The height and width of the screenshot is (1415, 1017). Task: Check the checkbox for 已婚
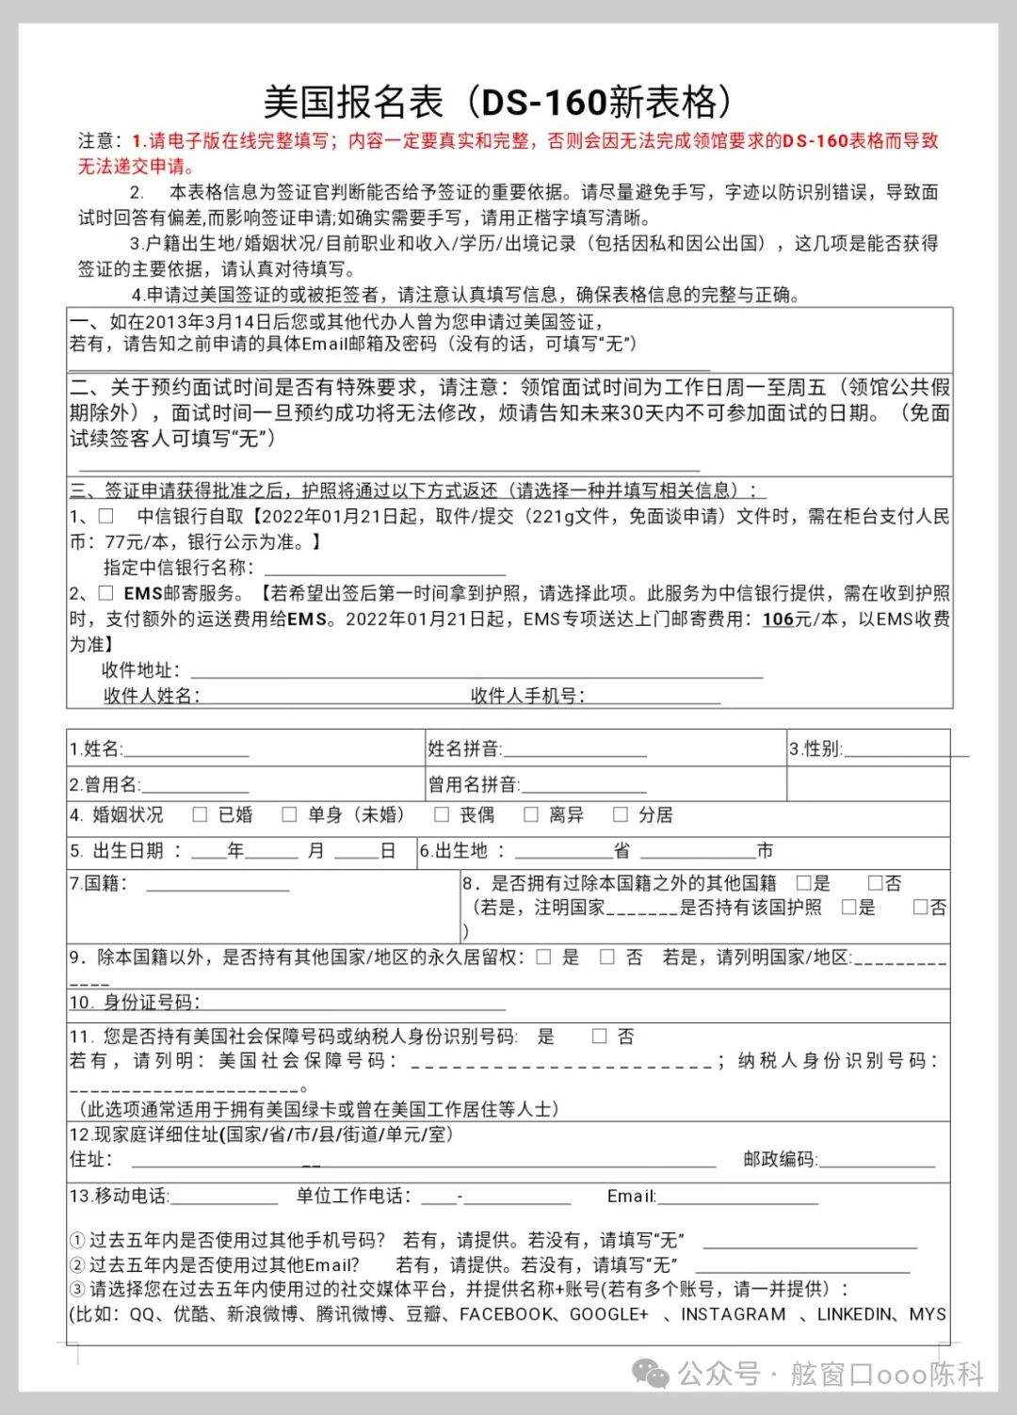point(200,814)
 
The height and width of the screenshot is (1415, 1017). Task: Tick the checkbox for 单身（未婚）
point(289,814)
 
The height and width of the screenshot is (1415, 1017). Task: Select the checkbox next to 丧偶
point(441,814)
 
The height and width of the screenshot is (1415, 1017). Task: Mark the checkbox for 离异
point(531,814)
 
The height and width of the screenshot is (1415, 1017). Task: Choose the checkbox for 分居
point(620,814)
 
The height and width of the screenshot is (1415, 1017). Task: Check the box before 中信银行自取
point(106,516)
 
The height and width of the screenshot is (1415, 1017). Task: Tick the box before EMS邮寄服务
point(106,593)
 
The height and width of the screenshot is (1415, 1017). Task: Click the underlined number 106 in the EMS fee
point(778,619)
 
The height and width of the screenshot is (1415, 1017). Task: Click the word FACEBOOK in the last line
point(506,1314)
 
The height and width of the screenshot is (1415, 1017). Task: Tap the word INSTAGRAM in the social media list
point(733,1314)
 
